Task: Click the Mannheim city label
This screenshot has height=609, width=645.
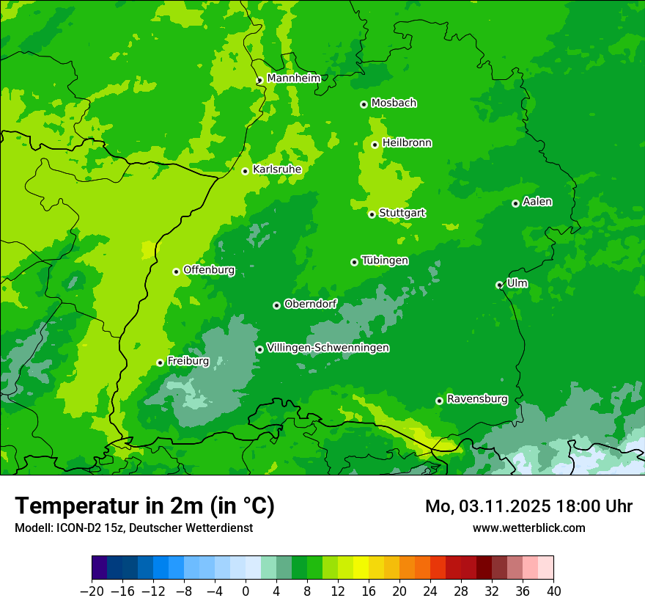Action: point(293,78)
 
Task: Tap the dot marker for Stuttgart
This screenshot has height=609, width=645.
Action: point(372,214)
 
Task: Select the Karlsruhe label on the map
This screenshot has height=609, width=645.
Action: point(276,169)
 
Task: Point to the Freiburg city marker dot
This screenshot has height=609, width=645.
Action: point(160,362)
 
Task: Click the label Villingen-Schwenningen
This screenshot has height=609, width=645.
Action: point(328,348)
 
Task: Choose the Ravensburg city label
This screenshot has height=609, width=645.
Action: point(476,399)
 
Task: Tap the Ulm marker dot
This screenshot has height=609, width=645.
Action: point(499,285)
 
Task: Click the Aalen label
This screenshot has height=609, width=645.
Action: point(537,202)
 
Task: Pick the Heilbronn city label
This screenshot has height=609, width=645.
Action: point(407,143)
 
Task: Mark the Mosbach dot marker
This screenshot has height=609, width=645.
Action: point(364,104)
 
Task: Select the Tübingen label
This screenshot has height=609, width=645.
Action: point(385,260)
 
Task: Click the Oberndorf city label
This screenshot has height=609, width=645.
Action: point(310,304)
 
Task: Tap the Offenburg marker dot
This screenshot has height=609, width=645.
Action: point(176,271)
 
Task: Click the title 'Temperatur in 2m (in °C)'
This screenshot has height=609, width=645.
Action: point(144,506)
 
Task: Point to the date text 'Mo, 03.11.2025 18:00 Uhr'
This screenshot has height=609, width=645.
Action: point(528,506)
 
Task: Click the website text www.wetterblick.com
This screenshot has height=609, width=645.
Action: point(528,528)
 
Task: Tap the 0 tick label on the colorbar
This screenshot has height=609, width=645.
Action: point(246,591)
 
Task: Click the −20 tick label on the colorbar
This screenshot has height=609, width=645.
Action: point(92,591)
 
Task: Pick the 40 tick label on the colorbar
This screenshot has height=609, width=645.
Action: point(553,591)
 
